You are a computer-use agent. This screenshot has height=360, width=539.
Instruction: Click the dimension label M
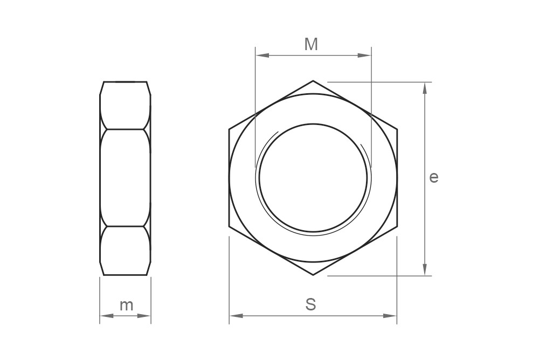(311, 44)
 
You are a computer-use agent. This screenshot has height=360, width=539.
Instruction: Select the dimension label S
(310, 304)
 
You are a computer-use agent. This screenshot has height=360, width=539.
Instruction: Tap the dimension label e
(434, 177)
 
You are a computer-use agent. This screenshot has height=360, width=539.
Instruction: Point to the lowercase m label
(126, 305)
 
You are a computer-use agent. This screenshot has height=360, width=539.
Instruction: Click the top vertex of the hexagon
(313, 81)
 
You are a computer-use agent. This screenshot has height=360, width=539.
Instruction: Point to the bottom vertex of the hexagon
(313, 275)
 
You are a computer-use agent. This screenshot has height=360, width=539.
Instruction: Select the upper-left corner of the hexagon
(229, 129)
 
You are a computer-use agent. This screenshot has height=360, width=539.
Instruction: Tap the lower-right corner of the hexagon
(397, 227)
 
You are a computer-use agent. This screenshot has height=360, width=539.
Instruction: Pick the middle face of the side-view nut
(125, 177)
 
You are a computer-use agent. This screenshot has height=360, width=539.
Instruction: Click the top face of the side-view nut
(125, 106)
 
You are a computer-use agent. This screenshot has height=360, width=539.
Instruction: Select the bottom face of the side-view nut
(125, 251)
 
